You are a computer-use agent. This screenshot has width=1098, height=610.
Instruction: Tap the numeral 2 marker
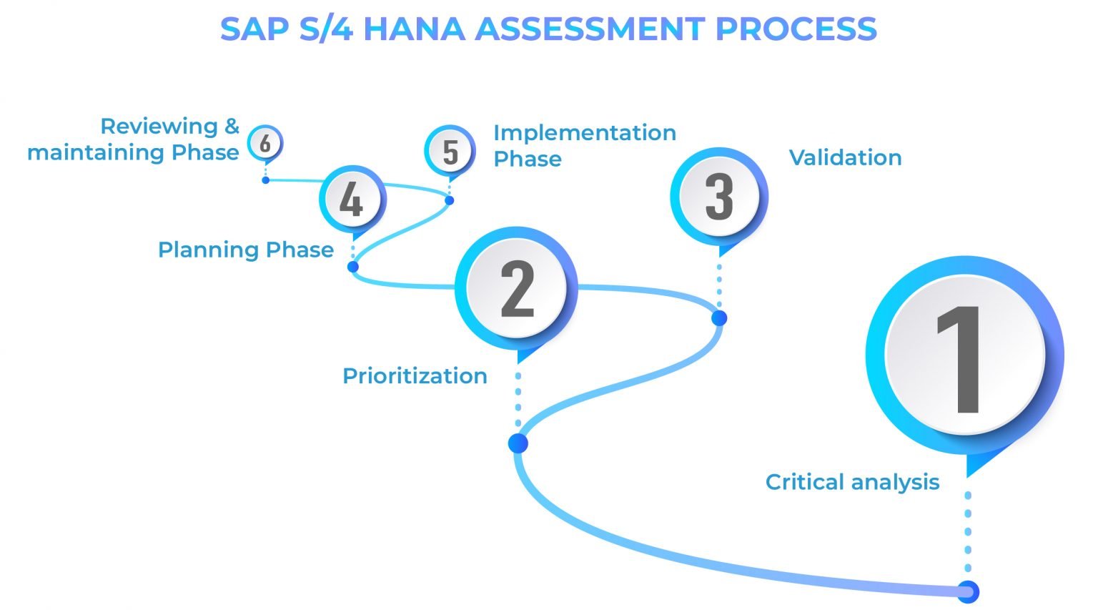pos(517,288)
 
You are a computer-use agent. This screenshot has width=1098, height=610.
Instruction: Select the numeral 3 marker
pos(718,196)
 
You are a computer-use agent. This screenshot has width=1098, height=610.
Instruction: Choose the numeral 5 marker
pos(450,151)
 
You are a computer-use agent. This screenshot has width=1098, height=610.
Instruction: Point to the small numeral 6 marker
pos(265,143)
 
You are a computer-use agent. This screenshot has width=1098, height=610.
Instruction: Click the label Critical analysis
pos(852,482)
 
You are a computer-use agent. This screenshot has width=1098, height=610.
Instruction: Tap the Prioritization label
pos(415,375)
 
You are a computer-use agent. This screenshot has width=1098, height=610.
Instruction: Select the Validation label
pos(845,157)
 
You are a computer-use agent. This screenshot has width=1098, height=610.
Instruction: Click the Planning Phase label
pos(246,250)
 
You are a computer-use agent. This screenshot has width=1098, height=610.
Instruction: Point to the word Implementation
pos(585,132)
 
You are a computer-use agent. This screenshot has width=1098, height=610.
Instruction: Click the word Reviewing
pos(159,126)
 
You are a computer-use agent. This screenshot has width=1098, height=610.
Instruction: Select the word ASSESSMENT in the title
pos(590,29)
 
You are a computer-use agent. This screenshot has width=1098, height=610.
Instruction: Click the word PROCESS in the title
pos(796,29)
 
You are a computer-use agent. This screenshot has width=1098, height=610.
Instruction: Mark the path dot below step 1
pos(967,591)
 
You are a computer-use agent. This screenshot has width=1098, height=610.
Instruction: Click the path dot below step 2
pos(518,443)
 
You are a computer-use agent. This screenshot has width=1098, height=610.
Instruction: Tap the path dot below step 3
pos(719,318)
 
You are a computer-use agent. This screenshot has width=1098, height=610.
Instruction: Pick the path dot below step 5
pos(449,200)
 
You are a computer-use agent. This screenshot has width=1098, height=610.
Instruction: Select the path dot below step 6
pos(265,180)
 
